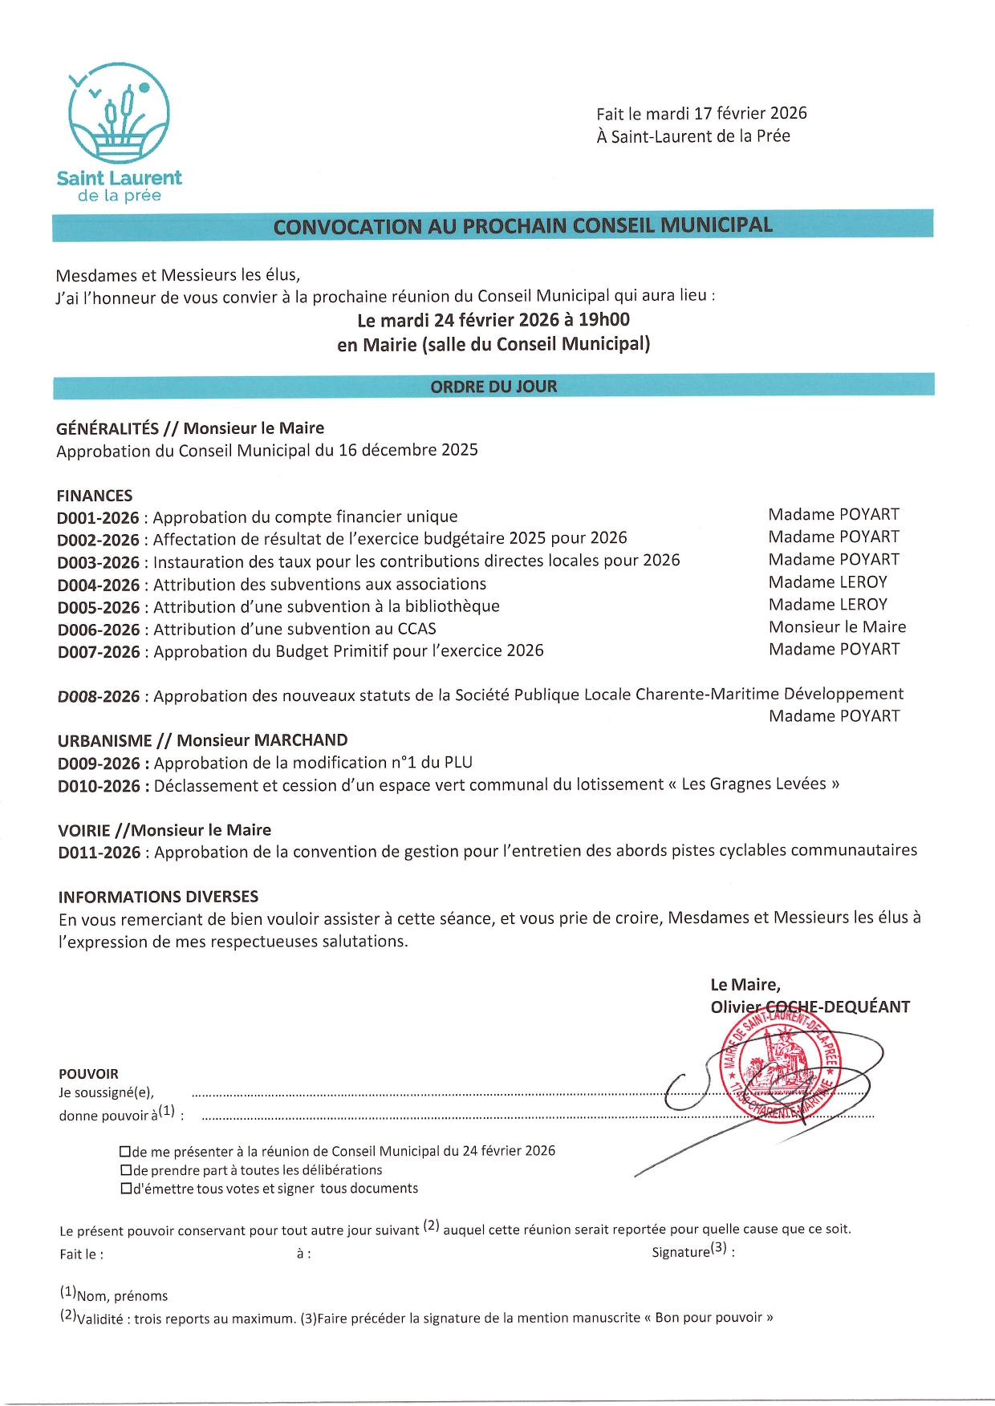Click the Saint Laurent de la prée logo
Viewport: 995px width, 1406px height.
click(x=119, y=132)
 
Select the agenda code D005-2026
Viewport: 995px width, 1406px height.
click(x=98, y=607)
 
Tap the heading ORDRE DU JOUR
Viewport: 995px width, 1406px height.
click(x=493, y=387)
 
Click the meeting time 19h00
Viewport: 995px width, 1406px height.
click(x=603, y=320)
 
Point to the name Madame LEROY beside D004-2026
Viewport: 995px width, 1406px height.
click(x=828, y=581)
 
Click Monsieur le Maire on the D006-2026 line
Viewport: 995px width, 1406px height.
click(x=837, y=626)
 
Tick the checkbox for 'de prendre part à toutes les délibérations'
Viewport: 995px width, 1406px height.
click(x=125, y=1170)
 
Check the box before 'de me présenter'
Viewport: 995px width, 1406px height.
click(x=125, y=1152)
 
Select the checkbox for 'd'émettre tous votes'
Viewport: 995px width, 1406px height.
click(x=125, y=1189)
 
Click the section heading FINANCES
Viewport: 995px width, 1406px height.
click(x=94, y=496)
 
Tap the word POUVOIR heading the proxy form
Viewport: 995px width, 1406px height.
click(x=88, y=1074)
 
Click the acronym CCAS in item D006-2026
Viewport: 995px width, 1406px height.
click(x=416, y=629)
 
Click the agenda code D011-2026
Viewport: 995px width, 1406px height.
click(x=99, y=853)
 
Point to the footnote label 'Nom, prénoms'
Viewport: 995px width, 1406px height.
click(x=122, y=1295)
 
